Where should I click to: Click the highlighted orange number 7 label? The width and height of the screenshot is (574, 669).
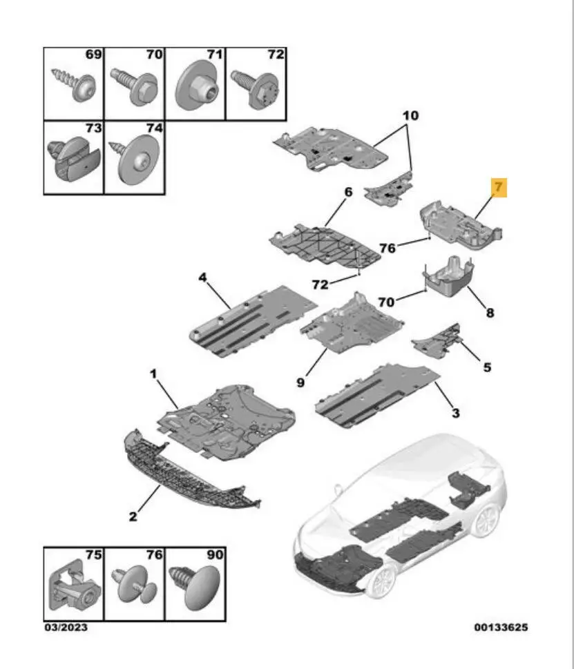pos(499,187)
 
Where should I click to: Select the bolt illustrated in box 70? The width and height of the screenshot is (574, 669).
pos(134,86)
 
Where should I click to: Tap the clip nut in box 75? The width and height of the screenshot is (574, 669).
pos(75,585)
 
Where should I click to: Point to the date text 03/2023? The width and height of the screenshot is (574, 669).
pos(66,627)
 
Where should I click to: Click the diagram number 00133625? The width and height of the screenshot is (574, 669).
pos(501,627)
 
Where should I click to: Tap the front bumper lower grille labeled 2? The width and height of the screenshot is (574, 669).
pos(188,474)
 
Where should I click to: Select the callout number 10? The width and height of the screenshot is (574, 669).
pos(410,115)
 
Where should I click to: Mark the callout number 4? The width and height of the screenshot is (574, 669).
pos(202,278)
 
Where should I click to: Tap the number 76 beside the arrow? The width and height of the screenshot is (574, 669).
pos(387,248)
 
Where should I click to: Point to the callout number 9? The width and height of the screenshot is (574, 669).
pos(300,382)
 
